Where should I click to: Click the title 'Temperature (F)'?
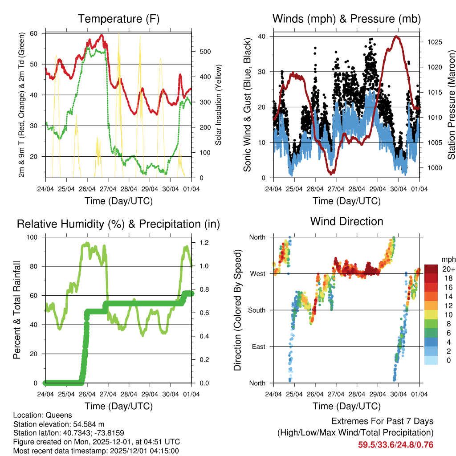click(x=118, y=19)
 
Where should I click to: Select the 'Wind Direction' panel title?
click(x=346, y=221)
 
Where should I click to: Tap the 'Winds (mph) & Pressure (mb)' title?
click(x=346, y=19)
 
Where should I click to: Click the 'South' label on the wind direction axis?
click(x=257, y=310)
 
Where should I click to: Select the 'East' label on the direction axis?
click(x=259, y=346)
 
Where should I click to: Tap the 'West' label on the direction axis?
click(x=258, y=273)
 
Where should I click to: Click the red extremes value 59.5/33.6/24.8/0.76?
click(x=395, y=444)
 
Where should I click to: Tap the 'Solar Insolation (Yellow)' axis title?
click(x=219, y=105)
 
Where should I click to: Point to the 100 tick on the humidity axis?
click(x=36, y=237)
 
